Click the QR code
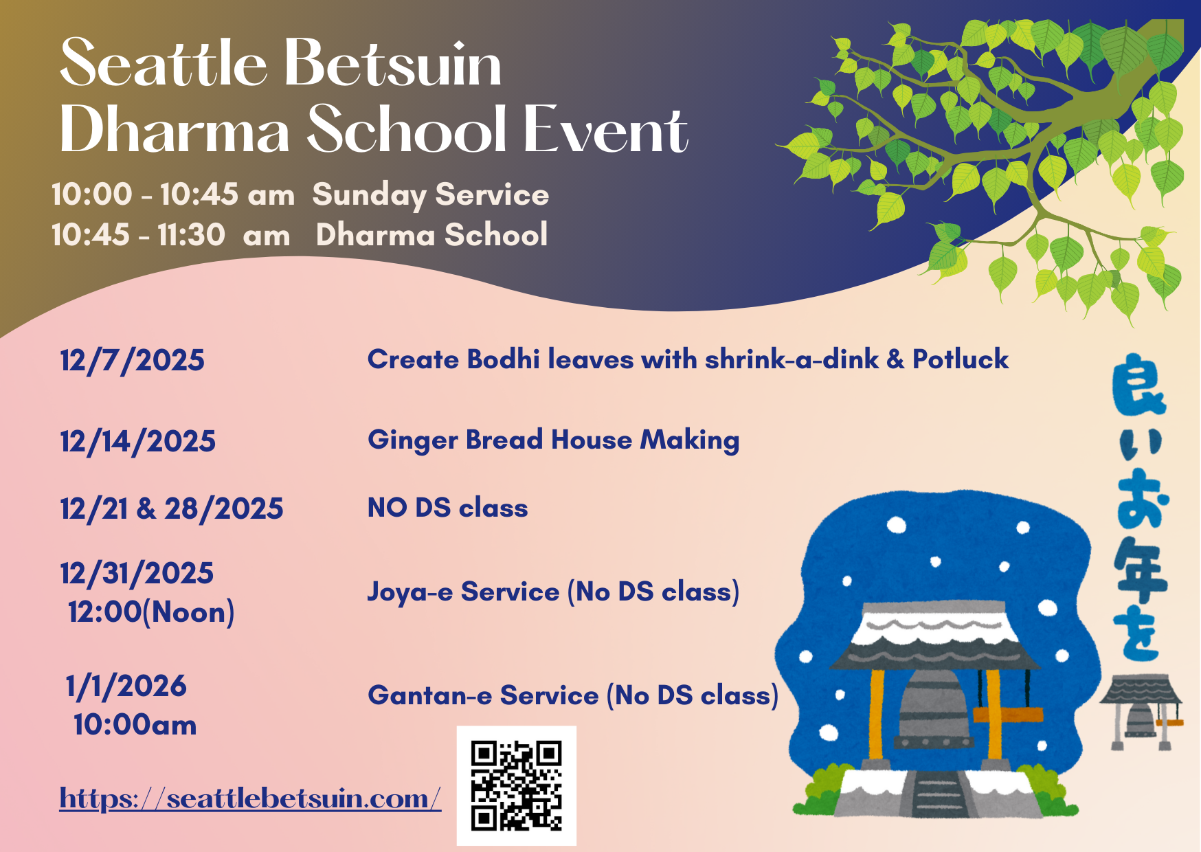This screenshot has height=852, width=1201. [517, 785]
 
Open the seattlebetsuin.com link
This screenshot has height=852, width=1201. [250, 798]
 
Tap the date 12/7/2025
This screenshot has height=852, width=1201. [132, 361]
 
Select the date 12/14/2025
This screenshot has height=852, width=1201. [137, 441]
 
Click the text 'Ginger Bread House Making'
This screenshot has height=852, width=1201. [554, 440]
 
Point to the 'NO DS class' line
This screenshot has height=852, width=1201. [448, 508]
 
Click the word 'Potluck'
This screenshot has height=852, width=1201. [961, 359]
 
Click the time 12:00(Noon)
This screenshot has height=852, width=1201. [151, 612]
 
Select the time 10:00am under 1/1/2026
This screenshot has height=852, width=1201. [135, 725]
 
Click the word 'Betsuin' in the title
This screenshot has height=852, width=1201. [393, 63]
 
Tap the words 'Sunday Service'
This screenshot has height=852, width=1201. [431, 195]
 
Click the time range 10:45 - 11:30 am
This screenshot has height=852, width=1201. [171, 235]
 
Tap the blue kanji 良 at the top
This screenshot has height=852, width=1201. [1138, 385]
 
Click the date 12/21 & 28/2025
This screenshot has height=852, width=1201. [171, 509]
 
